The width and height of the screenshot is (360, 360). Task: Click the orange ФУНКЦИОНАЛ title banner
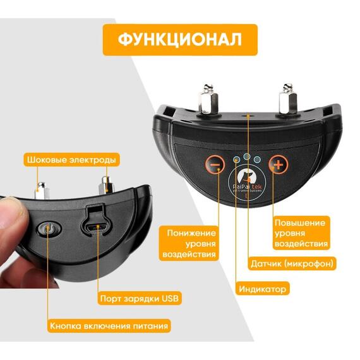point(180,40)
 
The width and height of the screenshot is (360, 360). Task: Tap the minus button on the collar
point(215,164)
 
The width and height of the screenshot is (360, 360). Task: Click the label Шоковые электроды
point(71,160)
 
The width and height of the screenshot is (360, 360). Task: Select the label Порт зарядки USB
point(140,299)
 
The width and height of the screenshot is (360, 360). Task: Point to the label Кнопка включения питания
point(109,326)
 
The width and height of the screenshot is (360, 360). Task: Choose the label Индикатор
point(263,289)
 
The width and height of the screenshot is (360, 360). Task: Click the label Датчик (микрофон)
point(292,263)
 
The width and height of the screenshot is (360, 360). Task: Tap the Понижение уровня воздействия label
point(189,243)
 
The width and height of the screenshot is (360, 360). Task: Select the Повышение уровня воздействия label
point(301,233)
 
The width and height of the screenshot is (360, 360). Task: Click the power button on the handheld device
point(49,229)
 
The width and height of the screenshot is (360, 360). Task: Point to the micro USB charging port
point(96,228)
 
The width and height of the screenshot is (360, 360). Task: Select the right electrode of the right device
point(287,99)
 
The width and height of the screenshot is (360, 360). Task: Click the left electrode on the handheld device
point(42,190)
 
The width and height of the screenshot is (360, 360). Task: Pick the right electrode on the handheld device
point(106,185)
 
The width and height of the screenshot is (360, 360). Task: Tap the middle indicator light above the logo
point(247,157)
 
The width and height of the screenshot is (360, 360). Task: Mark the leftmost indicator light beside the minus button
point(236,159)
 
